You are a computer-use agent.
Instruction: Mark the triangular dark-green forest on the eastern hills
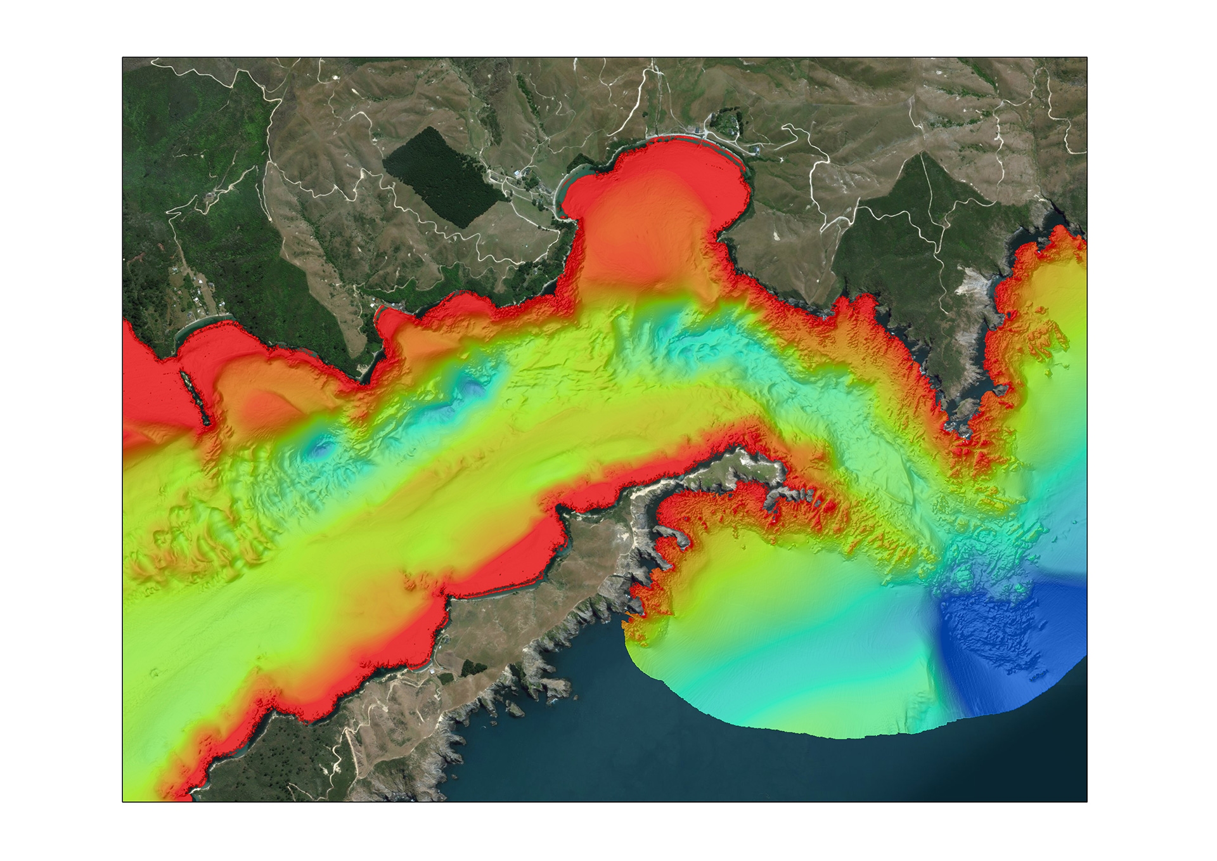tap(913, 209)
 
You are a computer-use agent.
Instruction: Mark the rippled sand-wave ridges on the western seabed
tap(190, 539)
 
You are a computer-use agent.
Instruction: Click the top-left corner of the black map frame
tap(122, 58)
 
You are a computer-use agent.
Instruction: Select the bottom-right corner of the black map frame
tap(1087, 801)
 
